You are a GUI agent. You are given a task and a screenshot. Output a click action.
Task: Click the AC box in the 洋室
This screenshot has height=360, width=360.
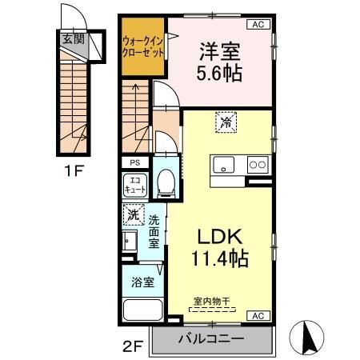pos(258,25)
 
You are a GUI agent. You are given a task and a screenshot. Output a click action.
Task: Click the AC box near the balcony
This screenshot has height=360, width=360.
pos(258,316)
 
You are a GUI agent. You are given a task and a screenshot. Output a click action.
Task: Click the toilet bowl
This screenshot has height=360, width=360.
pos(166,184)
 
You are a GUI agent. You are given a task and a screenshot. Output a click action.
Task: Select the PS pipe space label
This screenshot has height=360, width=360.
pos(132,162)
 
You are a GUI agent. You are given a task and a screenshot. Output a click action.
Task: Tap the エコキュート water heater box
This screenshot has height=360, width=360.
pos(134,186)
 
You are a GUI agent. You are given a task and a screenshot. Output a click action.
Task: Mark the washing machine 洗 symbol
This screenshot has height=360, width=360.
pos(134,216)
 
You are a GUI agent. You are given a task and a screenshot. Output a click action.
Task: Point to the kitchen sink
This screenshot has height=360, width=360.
pos(223,165)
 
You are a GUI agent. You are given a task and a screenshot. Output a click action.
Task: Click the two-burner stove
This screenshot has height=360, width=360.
pos(258,165)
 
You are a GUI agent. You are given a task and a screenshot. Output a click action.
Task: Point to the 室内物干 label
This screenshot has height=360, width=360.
pos(213,302)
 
